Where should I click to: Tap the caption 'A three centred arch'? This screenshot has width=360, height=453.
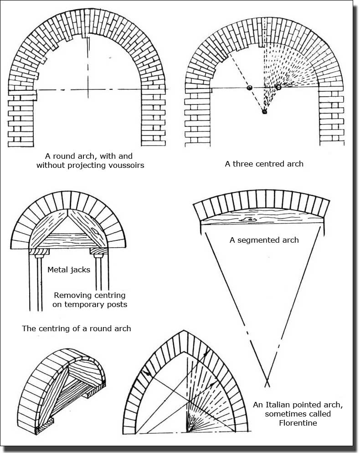[264, 164]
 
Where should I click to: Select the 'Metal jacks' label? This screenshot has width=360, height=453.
[69, 270]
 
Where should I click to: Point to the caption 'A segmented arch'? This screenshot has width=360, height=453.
[264, 240]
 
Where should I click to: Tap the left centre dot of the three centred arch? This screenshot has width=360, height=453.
[249, 88]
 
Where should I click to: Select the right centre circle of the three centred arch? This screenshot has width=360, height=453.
[278, 87]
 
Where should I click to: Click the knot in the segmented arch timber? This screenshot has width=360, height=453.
[250, 219]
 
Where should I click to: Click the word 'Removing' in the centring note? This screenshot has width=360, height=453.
[70, 295]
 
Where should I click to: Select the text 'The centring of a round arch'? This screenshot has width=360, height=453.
[77, 328]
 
